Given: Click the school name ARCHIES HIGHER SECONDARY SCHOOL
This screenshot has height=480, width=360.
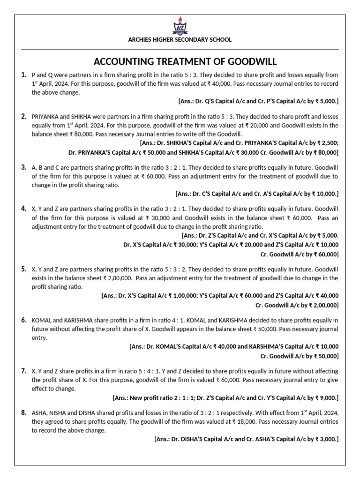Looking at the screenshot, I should tap(180, 40).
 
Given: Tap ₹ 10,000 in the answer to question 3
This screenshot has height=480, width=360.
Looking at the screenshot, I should tap(323, 194).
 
